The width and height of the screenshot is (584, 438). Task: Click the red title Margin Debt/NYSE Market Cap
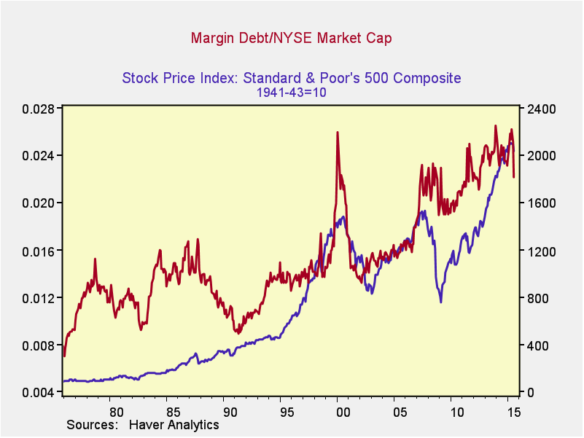click(x=292, y=37)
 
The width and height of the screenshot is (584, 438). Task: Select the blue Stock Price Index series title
click(x=292, y=78)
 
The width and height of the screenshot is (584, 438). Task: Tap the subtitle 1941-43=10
click(x=292, y=93)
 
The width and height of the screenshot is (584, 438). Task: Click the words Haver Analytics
click(x=174, y=424)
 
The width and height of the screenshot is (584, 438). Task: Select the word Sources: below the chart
click(x=93, y=424)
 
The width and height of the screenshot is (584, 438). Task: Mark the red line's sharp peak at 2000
click(x=338, y=133)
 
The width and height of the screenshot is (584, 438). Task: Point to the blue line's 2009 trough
click(x=440, y=302)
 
